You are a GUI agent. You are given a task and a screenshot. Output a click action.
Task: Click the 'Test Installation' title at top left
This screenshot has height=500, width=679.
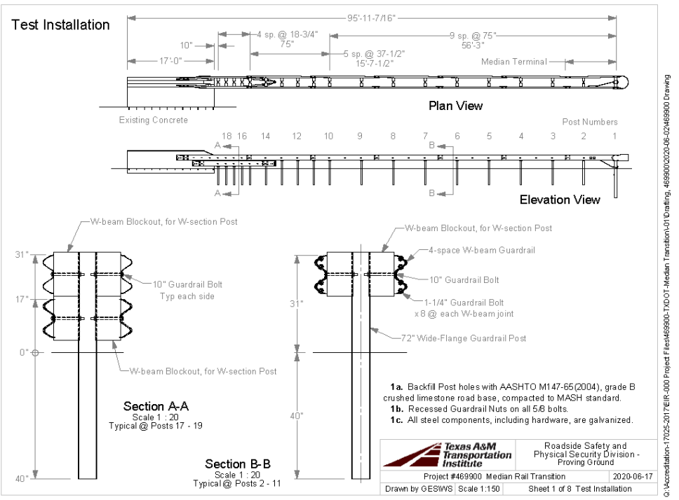(x=61, y=25)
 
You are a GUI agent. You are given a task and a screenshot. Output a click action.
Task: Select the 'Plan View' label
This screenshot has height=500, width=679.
(x=456, y=106)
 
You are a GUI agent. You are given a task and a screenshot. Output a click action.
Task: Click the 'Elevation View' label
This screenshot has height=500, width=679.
(x=560, y=200)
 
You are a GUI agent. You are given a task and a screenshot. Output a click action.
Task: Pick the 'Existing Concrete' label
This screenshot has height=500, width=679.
(x=154, y=120)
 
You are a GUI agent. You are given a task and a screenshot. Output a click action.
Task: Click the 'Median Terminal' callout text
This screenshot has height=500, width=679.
(x=513, y=62)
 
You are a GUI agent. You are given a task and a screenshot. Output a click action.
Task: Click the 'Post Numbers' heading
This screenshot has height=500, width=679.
(x=590, y=121)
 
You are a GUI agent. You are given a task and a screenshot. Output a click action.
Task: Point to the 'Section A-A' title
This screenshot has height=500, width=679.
(x=156, y=407)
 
